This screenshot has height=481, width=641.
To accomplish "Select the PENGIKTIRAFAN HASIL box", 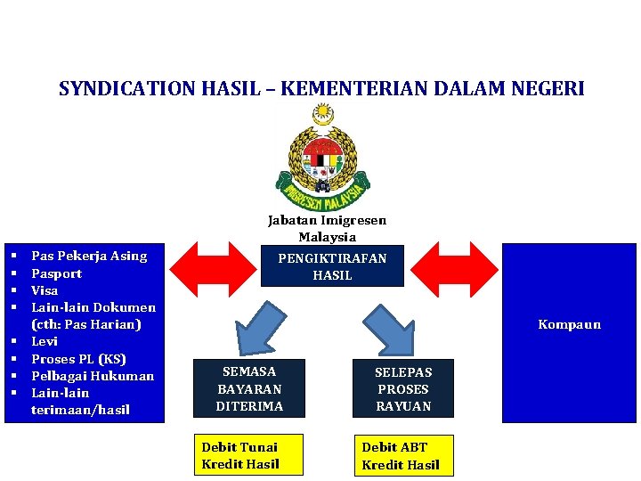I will click(x=332, y=266).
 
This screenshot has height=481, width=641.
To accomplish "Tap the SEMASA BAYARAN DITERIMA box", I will click(x=249, y=388).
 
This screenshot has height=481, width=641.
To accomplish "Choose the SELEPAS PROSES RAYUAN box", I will click(x=403, y=388).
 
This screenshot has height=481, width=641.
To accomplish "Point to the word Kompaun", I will click(x=569, y=324).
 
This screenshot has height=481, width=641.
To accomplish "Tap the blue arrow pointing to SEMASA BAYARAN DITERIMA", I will click(x=266, y=324).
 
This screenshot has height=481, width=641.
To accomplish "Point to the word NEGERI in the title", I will click(x=551, y=89).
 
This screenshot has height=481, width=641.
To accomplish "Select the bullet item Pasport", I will click(x=57, y=273).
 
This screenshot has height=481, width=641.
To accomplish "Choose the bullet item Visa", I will click(x=45, y=290).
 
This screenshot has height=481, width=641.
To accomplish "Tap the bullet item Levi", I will click(x=45, y=341).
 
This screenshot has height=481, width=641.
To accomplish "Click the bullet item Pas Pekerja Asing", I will click(x=89, y=257).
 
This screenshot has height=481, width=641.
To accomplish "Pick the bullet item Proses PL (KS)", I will click(x=78, y=359).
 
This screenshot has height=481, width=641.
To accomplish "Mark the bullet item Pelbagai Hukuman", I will click(x=93, y=376).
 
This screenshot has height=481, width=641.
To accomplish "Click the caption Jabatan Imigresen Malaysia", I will click(x=327, y=229).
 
